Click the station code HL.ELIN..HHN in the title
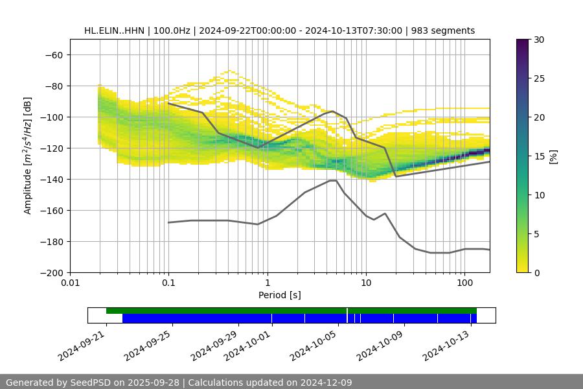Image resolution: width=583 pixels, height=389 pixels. coord(114,30)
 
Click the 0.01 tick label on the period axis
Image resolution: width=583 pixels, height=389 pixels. coord(70,283)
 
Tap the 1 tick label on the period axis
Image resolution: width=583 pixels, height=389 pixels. coord(267,283)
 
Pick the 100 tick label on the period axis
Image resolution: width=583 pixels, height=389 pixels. coord(464,283)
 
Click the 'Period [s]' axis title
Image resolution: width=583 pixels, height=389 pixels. coord(279,295)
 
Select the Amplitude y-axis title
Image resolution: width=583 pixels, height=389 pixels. coord(28,156)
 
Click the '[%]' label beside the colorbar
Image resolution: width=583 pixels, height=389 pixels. coord(553,156)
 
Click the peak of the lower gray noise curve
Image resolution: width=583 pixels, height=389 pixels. coord(332,181)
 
